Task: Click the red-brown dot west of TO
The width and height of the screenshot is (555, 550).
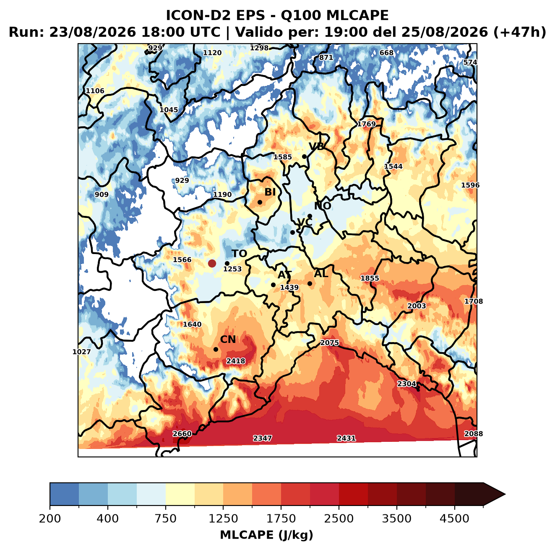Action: click(212, 263)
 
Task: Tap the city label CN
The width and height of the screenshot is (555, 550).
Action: click(228, 340)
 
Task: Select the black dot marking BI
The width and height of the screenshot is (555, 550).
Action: click(260, 202)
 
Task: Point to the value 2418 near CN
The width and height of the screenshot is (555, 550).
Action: click(236, 361)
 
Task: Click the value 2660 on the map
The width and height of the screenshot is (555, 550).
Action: click(182, 434)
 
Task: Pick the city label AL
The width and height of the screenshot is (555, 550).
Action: click(321, 273)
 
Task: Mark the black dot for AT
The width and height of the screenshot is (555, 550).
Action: click(273, 285)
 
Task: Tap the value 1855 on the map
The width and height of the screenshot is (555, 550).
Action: click(370, 278)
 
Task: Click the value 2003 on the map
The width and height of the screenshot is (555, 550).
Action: click(417, 306)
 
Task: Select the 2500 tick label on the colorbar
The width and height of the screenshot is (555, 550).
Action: click(339, 519)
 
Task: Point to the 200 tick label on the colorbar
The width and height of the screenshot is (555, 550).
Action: click(50, 519)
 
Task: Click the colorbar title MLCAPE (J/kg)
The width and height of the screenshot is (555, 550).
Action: click(266, 535)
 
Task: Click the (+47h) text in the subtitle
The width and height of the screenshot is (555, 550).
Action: click(520, 32)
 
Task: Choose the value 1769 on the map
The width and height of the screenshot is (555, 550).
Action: click(366, 124)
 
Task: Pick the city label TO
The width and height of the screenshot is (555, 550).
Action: click(240, 254)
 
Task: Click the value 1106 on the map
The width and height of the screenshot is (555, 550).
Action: click(95, 91)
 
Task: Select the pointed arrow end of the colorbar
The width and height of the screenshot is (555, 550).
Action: click(505, 495)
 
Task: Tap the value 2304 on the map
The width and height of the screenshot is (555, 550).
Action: click(406, 384)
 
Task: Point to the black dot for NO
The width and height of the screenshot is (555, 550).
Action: click(310, 216)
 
